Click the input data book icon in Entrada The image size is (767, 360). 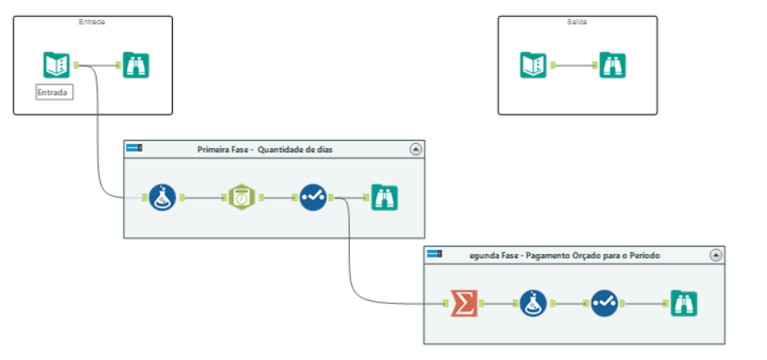[x=57, y=65]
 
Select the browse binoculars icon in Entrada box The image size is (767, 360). [x=136, y=65]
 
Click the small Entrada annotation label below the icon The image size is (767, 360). [x=54, y=91]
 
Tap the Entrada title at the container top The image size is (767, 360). [x=92, y=22]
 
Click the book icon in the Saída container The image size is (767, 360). [x=533, y=65]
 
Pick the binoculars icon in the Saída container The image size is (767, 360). [x=612, y=65]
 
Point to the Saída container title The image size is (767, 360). [x=577, y=22]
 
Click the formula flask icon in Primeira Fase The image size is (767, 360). [x=163, y=197]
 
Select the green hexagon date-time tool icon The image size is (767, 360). [x=242, y=197]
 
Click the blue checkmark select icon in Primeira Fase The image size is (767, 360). [x=314, y=197]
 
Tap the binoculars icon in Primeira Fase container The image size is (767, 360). [x=386, y=197]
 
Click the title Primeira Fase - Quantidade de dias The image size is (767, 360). [x=265, y=149]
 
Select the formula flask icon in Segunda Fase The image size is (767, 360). [x=534, y=302]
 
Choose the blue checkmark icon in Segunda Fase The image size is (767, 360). [x=605, y=302]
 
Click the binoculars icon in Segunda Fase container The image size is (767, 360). [x=684, y=302]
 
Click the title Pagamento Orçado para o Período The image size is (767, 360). [x=564, y=255]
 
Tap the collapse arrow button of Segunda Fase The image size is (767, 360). [x=715, y=254]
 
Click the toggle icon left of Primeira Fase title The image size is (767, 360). [x=134, y=148]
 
